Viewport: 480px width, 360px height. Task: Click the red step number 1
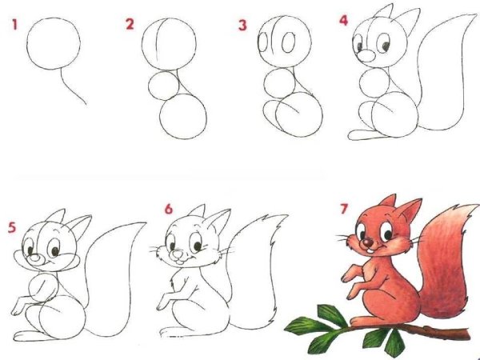[14, 25]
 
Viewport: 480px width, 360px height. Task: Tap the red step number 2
[130, 25]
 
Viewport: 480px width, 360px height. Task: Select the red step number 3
[242, 25]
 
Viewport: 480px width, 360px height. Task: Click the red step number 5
[11, 226]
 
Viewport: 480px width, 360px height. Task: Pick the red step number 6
[168, 209]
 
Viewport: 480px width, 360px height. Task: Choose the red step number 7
[344, 210]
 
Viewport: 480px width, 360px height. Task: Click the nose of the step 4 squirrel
[364, 57]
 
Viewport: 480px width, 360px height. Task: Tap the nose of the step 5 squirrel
[36, 258]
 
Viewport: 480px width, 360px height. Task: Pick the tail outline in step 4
[444, 80]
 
